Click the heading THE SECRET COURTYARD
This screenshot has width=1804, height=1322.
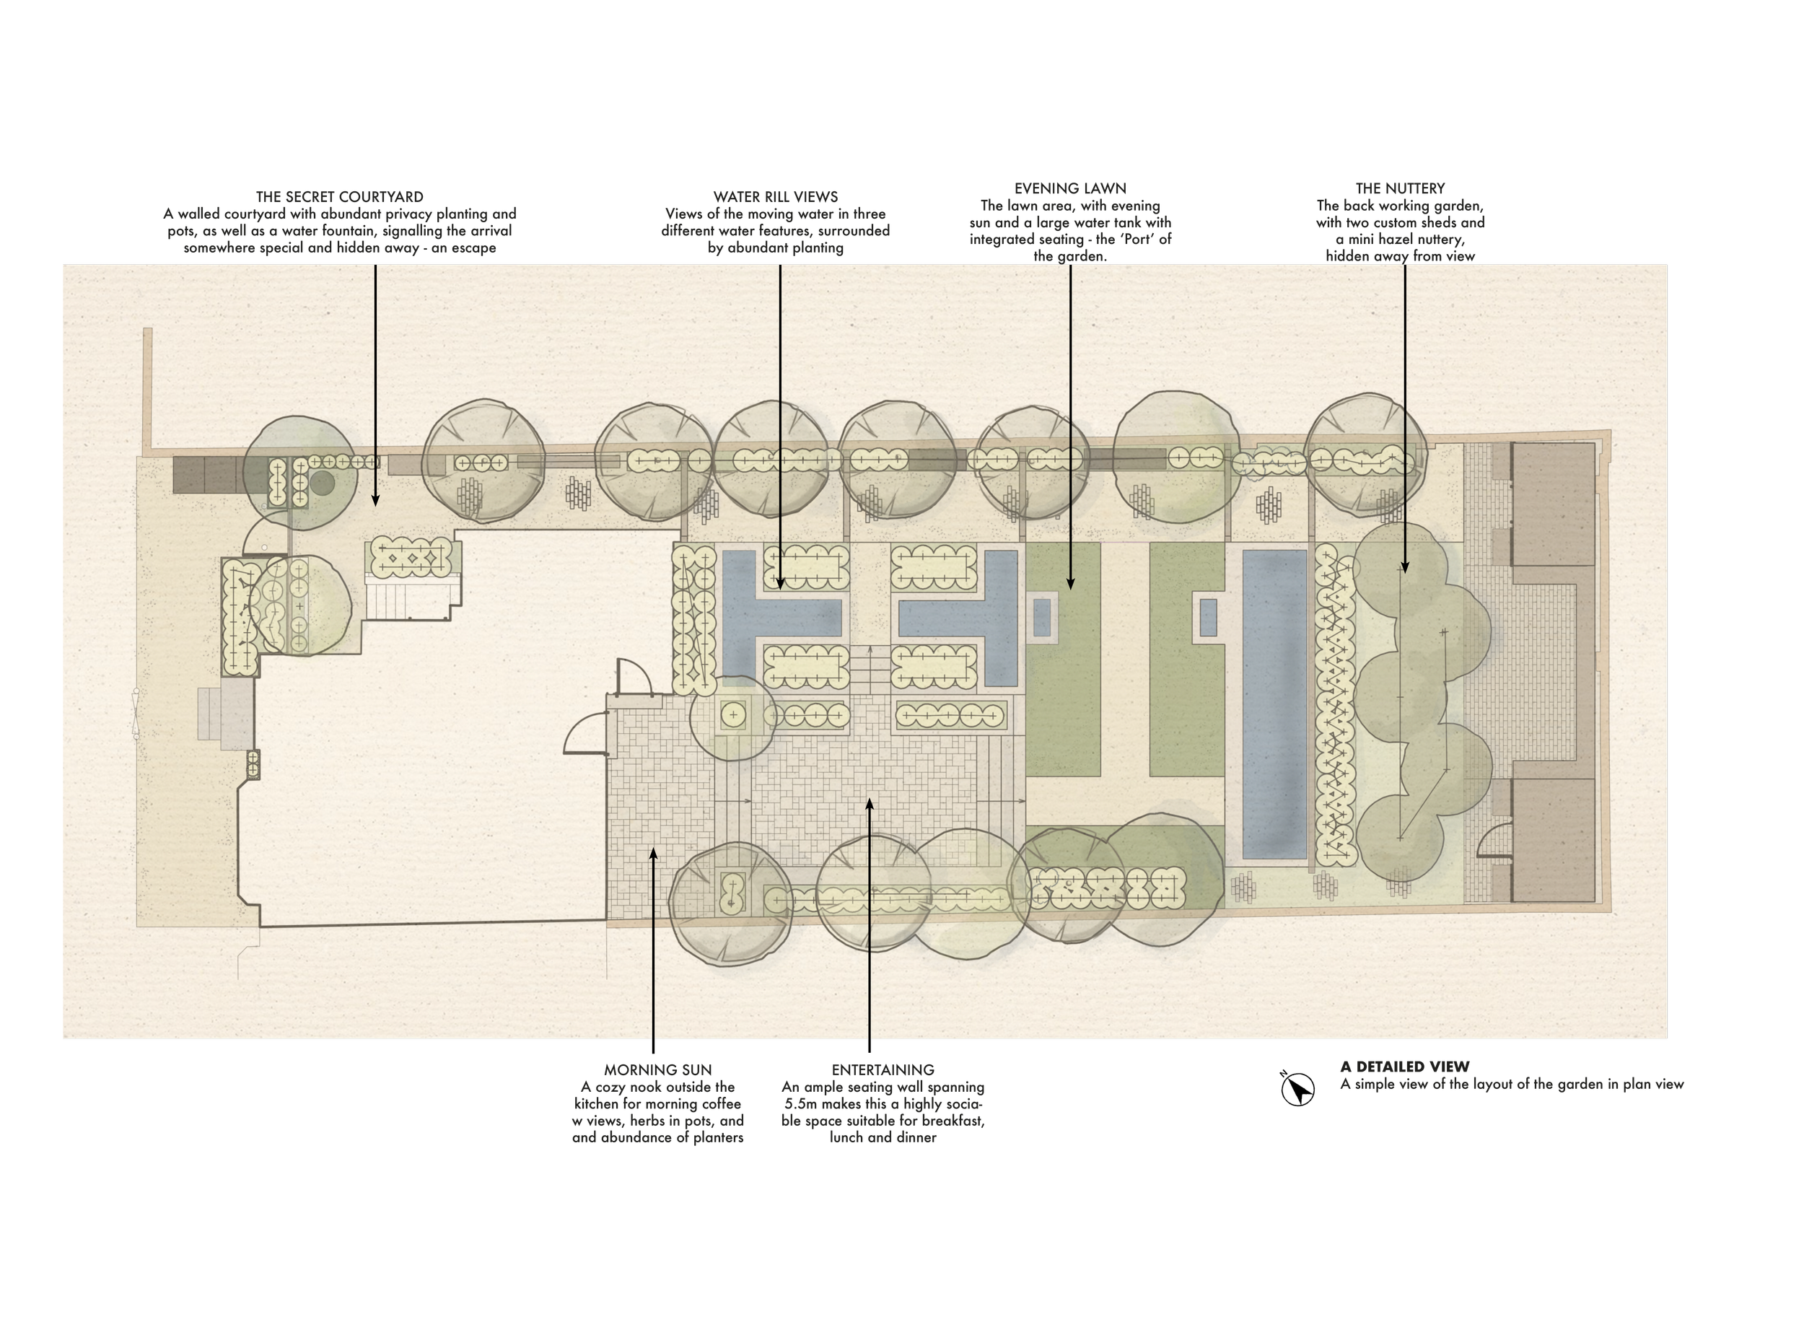point(339,197)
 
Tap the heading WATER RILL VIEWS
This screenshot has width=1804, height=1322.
point(775,197)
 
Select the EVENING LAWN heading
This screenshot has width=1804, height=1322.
point(1069,189)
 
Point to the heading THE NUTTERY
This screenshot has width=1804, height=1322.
point(1400,189)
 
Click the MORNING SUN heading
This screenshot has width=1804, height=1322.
point(657,1070)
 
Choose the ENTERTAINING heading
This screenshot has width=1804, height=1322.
point(883,1070)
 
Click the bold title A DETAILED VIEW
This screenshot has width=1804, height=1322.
point(1405,1067)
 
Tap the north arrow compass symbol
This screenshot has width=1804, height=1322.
point(1297,1089)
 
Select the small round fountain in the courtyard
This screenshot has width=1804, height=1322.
point(323,483)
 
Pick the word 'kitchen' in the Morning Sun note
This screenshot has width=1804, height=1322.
point(597,1104)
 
